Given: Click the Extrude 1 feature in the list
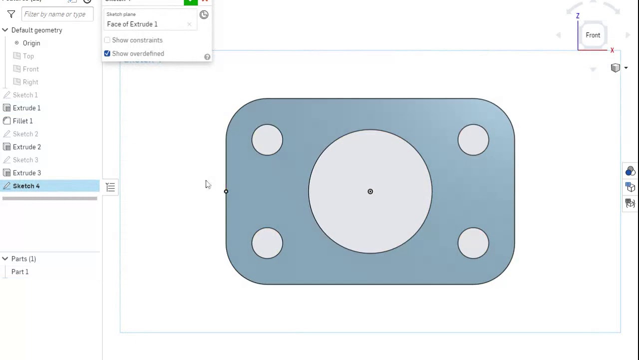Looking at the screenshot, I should (26, 108).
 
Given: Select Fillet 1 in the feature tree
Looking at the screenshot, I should (22, 121).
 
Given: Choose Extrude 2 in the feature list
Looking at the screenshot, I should (26, 147).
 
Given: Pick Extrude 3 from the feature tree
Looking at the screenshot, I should (26, 173).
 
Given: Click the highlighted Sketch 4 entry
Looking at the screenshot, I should (26, 186).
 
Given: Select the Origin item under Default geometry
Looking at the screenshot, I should (31, 43).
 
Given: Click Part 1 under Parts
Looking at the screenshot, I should (20, 272).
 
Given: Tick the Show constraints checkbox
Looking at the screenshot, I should (107, 40).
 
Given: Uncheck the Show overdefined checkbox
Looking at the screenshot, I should (107, 53).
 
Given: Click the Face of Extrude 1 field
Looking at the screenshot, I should (145, 24).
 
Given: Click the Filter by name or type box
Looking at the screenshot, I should (57, 14).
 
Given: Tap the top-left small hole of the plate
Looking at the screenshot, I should (267, 140).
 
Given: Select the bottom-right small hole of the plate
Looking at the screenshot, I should (473, 243).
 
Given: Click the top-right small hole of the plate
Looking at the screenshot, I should (473, 140).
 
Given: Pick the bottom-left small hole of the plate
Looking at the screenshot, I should (267, 243).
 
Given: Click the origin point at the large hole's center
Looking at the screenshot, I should (370, 191).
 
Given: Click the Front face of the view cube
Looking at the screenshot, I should (593, 35).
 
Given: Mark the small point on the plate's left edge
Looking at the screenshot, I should (226, 191).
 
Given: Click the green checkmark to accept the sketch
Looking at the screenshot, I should (191, 1).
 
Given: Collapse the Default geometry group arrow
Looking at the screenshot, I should (5, 30).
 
